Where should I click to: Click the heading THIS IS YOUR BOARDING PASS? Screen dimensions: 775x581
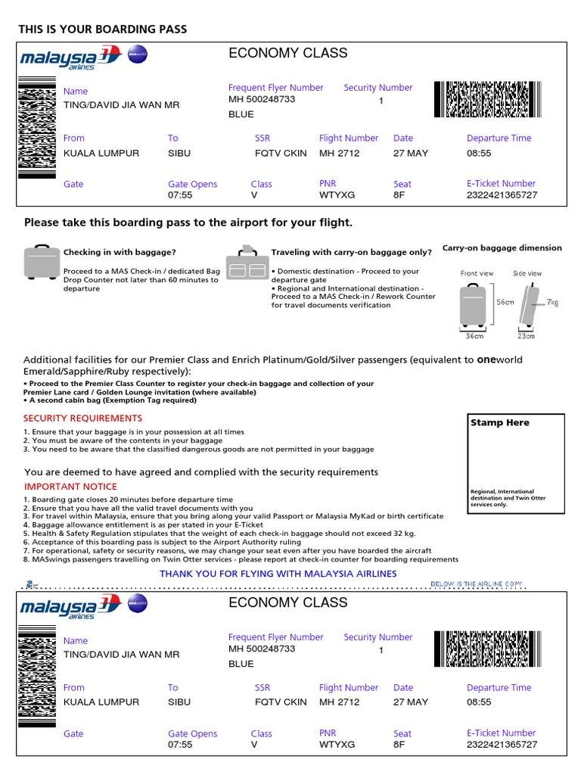(x=102, y=30)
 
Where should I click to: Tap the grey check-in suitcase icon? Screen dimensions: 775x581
(x=41, y=262)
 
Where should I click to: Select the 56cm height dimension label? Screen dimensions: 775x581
(x=505, y=302)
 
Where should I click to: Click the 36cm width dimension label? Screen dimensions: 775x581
(x=474, y=336)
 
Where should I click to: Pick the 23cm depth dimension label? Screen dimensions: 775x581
(x=526, y=336)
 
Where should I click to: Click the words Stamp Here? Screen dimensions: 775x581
(x=499, y=423)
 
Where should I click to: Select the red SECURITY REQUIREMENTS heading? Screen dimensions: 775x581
(x=82, y=419)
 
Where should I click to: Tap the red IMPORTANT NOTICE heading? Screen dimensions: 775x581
(x=70, y=487)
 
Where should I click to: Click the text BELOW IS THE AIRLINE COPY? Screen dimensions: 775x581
(x=475, y=584)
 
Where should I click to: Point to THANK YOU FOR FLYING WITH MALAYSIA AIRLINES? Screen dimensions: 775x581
(x=278, y=574)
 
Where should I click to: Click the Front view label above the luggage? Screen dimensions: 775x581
(x=477, y=273)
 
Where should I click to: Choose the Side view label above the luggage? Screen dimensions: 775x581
(x=527, y=273)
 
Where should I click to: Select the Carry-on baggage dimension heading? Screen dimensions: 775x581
(x=502, y=248)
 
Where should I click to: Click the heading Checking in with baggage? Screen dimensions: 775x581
(x=119, y=253)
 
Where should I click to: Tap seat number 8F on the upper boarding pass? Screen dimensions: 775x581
(x=399, y=195)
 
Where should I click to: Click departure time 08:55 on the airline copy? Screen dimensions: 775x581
(x=479, y=702)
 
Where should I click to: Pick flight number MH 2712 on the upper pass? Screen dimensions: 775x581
(x=339, y=154)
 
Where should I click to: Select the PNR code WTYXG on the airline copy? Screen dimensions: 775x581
(x=337, y=745)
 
